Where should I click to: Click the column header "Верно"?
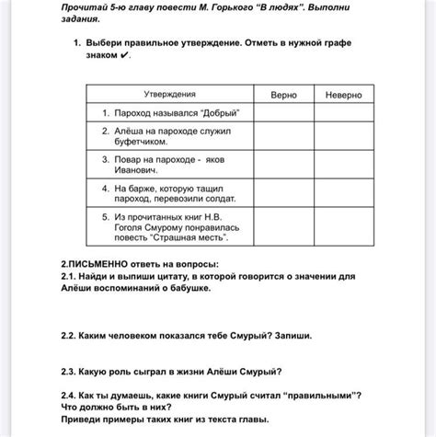(283, 95)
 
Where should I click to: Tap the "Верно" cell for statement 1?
(283, 113)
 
